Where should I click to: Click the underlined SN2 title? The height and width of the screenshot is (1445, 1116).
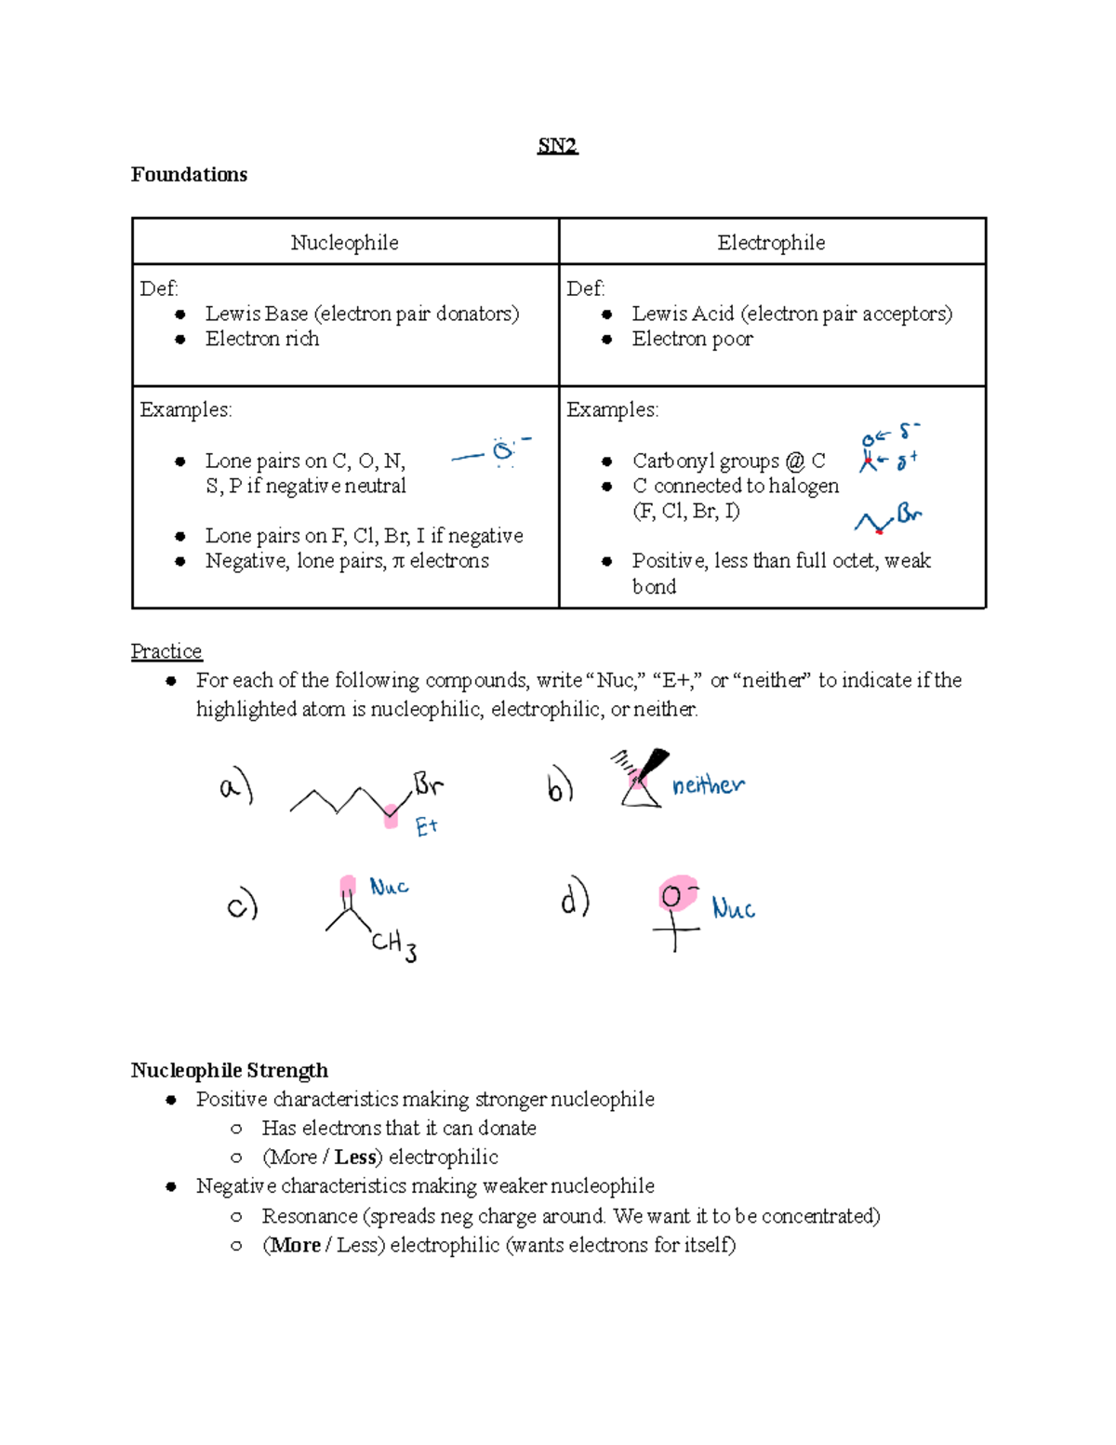coord(557,145)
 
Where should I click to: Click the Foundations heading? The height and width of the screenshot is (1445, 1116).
coord(189,175)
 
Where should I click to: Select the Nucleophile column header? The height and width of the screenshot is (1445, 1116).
coord(344,243)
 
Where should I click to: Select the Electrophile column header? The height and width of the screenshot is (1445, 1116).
coord(771,243)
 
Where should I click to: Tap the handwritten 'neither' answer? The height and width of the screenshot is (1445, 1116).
coord(708,785)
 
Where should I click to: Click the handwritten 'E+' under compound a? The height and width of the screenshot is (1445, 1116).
coord(426,826)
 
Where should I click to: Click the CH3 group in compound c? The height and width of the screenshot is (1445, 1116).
coord(393,945)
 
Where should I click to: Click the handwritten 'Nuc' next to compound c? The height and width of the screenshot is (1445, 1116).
coord(389,887)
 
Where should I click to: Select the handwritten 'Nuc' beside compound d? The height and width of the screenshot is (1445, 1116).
coord(733,908)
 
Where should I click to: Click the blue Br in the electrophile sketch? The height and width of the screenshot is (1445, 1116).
coord(909,514)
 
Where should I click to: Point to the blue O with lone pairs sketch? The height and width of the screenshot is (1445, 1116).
coord(503,452)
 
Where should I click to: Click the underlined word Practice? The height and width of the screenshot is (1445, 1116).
coord(166,651)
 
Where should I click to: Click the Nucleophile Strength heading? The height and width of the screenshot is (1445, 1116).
coord(229,1070)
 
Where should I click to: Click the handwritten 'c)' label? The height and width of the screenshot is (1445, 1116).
coord(242,905)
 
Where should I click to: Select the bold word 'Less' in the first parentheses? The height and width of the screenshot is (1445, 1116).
coord(355,1157)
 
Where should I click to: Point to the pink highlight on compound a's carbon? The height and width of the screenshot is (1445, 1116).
coord(392,817)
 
